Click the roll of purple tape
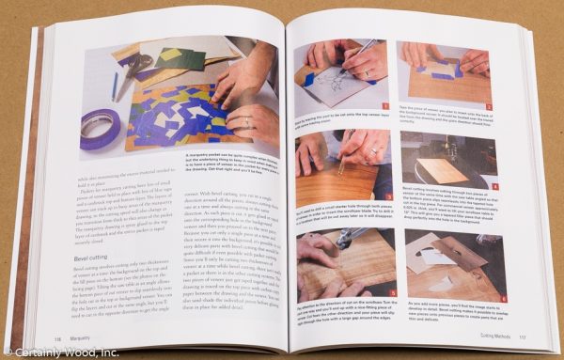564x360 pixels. (102, 124)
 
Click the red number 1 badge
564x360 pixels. (384, 108)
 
